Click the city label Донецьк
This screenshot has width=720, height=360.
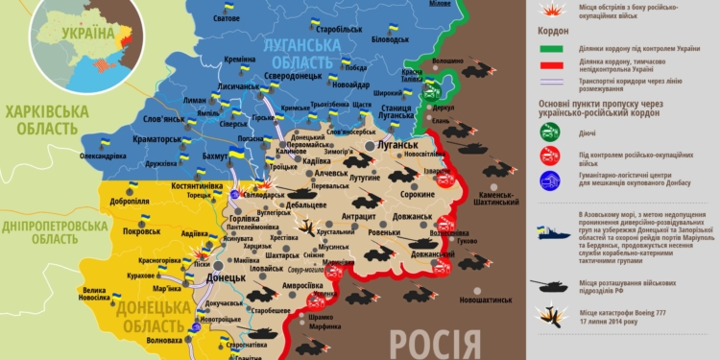tap(227, 277)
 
